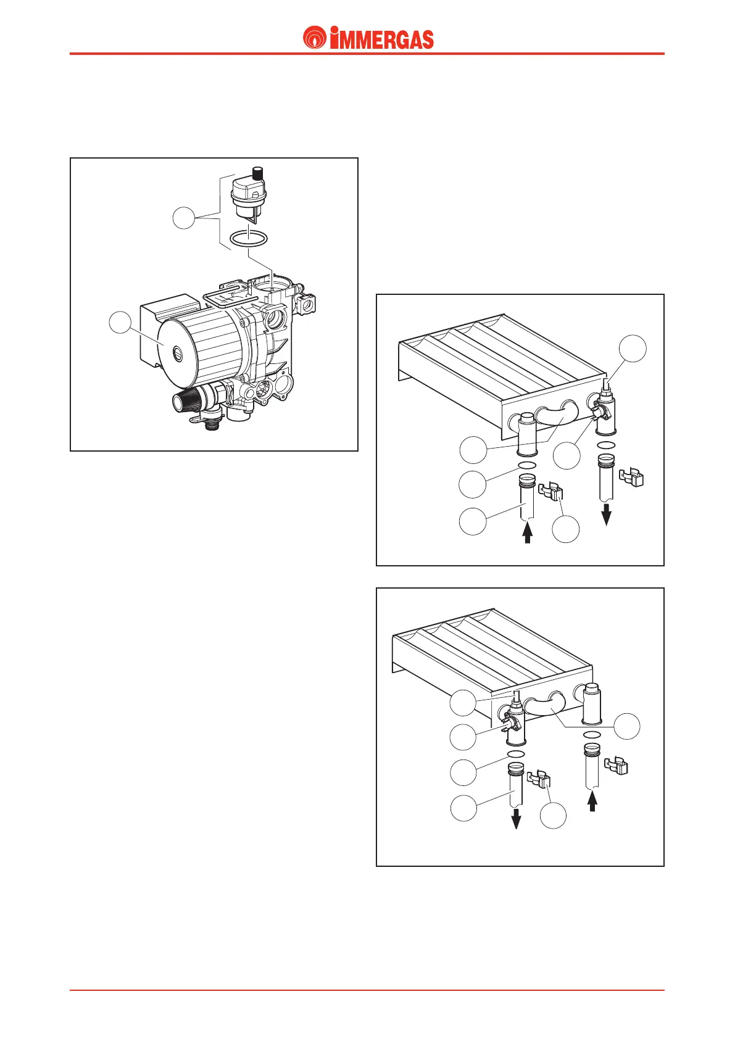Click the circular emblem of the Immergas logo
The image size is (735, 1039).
(x=315, y=38)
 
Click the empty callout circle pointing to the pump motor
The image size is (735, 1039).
(x=121, y=323)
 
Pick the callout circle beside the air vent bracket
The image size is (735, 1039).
(x=183, y=218)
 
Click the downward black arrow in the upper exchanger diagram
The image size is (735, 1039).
(x=606, y=514)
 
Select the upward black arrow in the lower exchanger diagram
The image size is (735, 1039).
(x=592, y=800)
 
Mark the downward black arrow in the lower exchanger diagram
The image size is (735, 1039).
(x=517, y=819)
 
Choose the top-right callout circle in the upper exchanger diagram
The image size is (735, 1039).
(x=633, y=349)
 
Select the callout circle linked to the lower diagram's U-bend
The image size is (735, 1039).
(x=627, y=727)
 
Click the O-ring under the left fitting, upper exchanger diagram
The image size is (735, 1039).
(x=527, y=466)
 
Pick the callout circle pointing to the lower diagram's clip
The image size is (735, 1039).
(x=553, y=816)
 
